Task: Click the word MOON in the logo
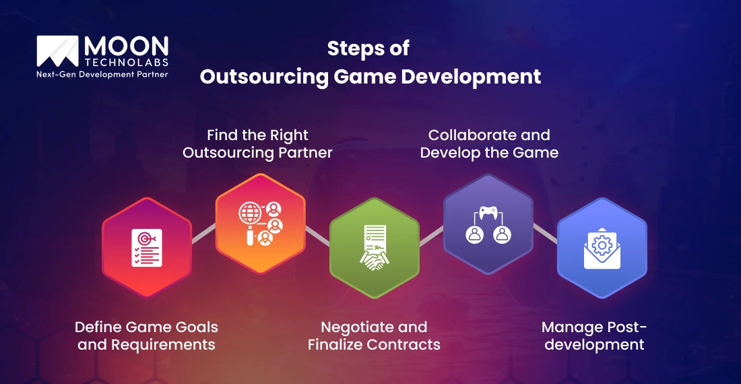pyautogui.click(x=126, y=45)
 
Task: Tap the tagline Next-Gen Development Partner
pyautogui.click(x=102, y=74)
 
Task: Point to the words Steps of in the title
pyautogui.click(x=368, y=49)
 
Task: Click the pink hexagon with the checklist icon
pyautogui.click(x=146, y=247)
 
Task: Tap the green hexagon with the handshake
pyautogui.click(x=374, y=247)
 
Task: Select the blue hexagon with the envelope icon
pyautogui.click(x=602, y=247)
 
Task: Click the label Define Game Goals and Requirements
pyautogui.click(x=146, y=335)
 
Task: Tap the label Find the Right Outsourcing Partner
pyautogui.click(x=257, y=143)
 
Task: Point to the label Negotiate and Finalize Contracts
pyautogui.click(x=374, y=335)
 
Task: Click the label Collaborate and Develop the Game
pyautogui.click(x=489, y=143)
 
